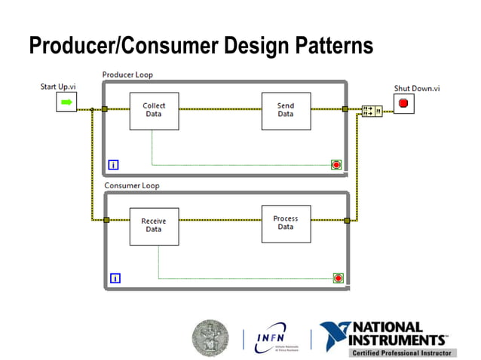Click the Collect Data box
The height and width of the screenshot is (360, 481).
154,110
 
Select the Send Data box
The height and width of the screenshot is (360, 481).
285,110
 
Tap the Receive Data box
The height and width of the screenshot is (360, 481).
154,225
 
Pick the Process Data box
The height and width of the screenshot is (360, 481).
285,223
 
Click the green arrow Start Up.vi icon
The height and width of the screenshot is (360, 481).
66,102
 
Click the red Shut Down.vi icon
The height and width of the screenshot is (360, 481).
403,104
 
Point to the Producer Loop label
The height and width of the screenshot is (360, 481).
127,75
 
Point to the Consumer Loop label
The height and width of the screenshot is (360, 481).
131,185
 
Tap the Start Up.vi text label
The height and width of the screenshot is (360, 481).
57,87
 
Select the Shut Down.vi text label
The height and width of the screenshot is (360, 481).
416,88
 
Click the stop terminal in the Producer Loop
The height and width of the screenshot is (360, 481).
336,164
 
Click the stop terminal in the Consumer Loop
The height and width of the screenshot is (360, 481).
338,278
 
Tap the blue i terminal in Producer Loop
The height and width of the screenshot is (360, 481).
113,164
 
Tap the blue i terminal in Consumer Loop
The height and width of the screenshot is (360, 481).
115,278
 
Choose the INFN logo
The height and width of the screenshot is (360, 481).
276,338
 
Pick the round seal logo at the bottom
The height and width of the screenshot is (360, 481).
210,337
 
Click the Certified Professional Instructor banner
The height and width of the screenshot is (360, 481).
401,352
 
